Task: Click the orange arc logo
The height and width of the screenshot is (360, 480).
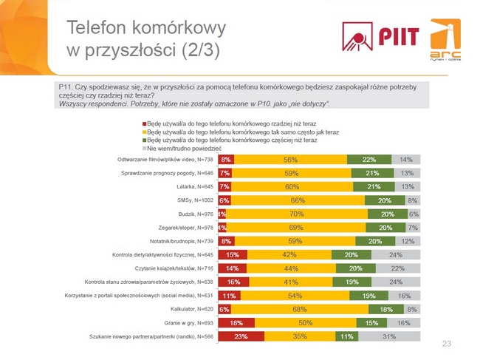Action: tap(444, 41)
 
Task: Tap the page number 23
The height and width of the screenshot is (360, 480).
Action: tap(445, 344)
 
